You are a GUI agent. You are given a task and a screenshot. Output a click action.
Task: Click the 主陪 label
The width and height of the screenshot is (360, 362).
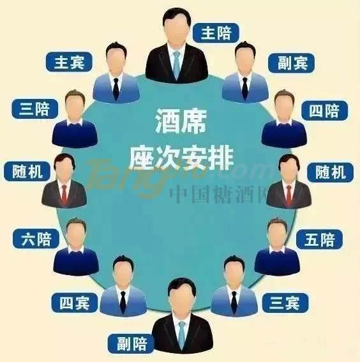[x=216, y=33]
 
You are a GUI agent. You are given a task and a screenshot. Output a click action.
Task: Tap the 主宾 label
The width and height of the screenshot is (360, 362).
[x=69, y=62]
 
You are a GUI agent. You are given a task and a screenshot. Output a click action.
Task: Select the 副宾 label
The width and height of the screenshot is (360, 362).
[x=292, y=63]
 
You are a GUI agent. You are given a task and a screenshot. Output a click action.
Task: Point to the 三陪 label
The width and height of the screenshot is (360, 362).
[x=34, y=109]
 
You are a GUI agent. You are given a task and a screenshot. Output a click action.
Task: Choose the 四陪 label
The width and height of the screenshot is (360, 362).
[x=324, y=110]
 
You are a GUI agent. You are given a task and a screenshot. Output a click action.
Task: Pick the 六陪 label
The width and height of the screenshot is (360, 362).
[x=36, y=239]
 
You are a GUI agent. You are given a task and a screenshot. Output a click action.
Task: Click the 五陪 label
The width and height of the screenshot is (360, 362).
[x=319, y=239]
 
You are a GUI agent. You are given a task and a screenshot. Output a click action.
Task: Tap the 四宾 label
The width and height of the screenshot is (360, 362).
[x=75, y=303]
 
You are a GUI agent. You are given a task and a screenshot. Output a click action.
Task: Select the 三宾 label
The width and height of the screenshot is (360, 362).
[x=285, y=303]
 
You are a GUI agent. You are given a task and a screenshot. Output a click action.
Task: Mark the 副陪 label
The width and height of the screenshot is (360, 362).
[x=131, y=343]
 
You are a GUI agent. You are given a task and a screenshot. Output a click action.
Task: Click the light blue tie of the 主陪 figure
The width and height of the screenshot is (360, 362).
[x=177, y=64]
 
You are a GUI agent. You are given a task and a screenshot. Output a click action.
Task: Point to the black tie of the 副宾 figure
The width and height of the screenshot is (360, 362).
[x=245, y=88]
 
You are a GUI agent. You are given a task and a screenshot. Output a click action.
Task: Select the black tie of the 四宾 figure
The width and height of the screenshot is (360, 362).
[x=123, y=302]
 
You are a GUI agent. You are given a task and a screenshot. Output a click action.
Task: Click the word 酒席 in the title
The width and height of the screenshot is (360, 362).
[x=181, y=121]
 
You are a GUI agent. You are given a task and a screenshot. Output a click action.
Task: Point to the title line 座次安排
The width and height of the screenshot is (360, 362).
[x=181, y=158]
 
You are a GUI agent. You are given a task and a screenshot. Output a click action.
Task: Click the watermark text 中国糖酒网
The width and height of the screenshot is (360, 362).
[x=218, y=195]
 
